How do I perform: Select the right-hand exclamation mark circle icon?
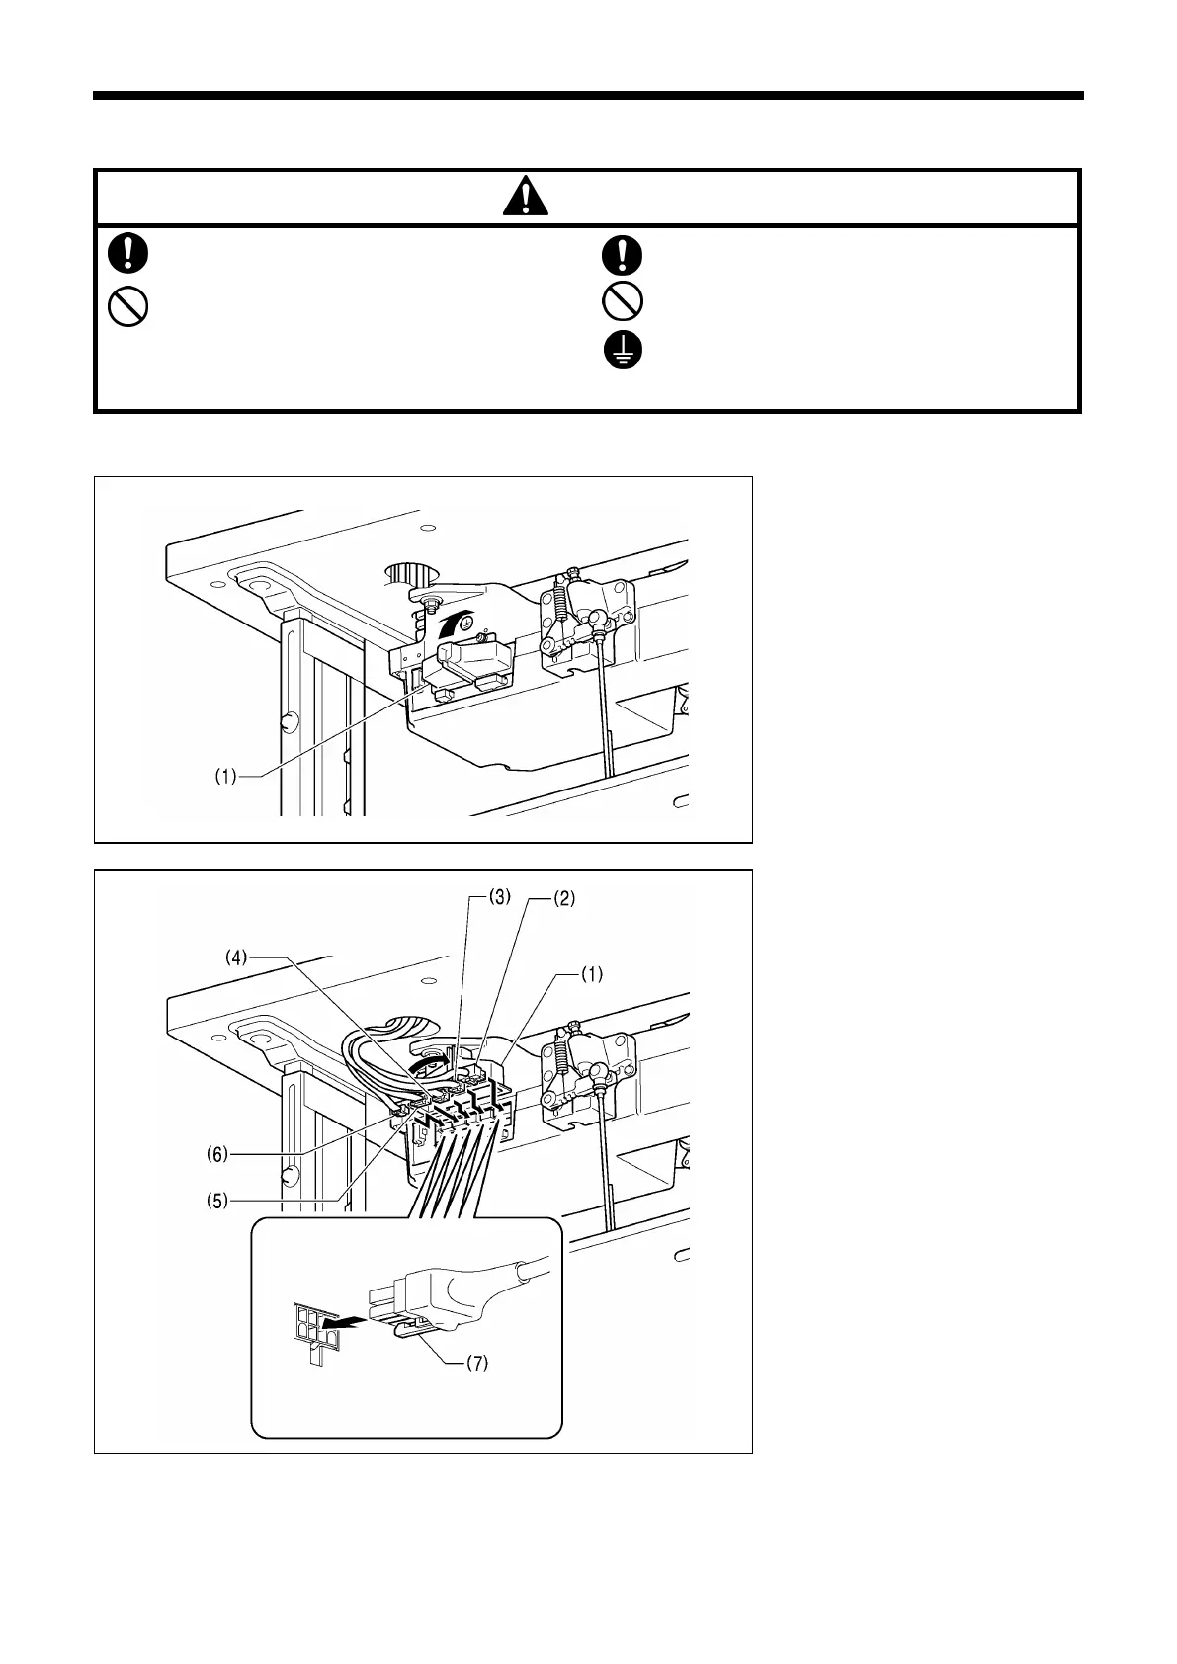pos(623,254)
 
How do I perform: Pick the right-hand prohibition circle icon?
pos(623,300)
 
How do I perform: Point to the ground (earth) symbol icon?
pos(623,350)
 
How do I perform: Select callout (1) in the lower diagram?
pos(589,974)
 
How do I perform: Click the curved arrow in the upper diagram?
pos(442,625)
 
